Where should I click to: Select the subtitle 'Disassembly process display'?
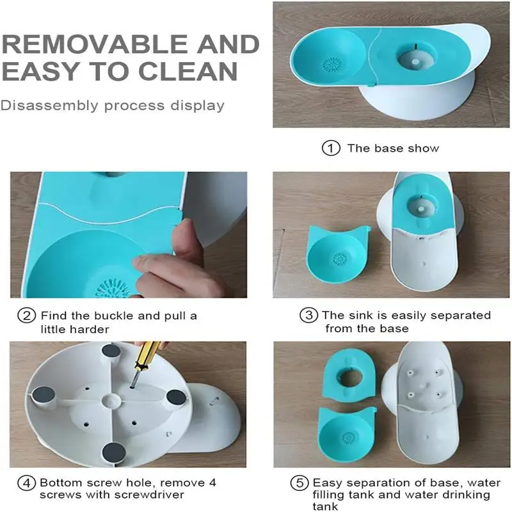(x=113, y=105)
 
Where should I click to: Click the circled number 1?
(x=330, y=148)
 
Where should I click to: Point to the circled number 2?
(x=26, y=316)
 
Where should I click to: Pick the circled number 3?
(x=309, y=316)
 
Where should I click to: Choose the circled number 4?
(x=26, y=483)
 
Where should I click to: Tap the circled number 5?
(x=300, y=482)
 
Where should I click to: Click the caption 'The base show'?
(x=393, y=148)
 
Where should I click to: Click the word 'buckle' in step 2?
(x=113, y=316)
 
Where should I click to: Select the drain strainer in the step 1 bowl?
(x=332, y=64)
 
